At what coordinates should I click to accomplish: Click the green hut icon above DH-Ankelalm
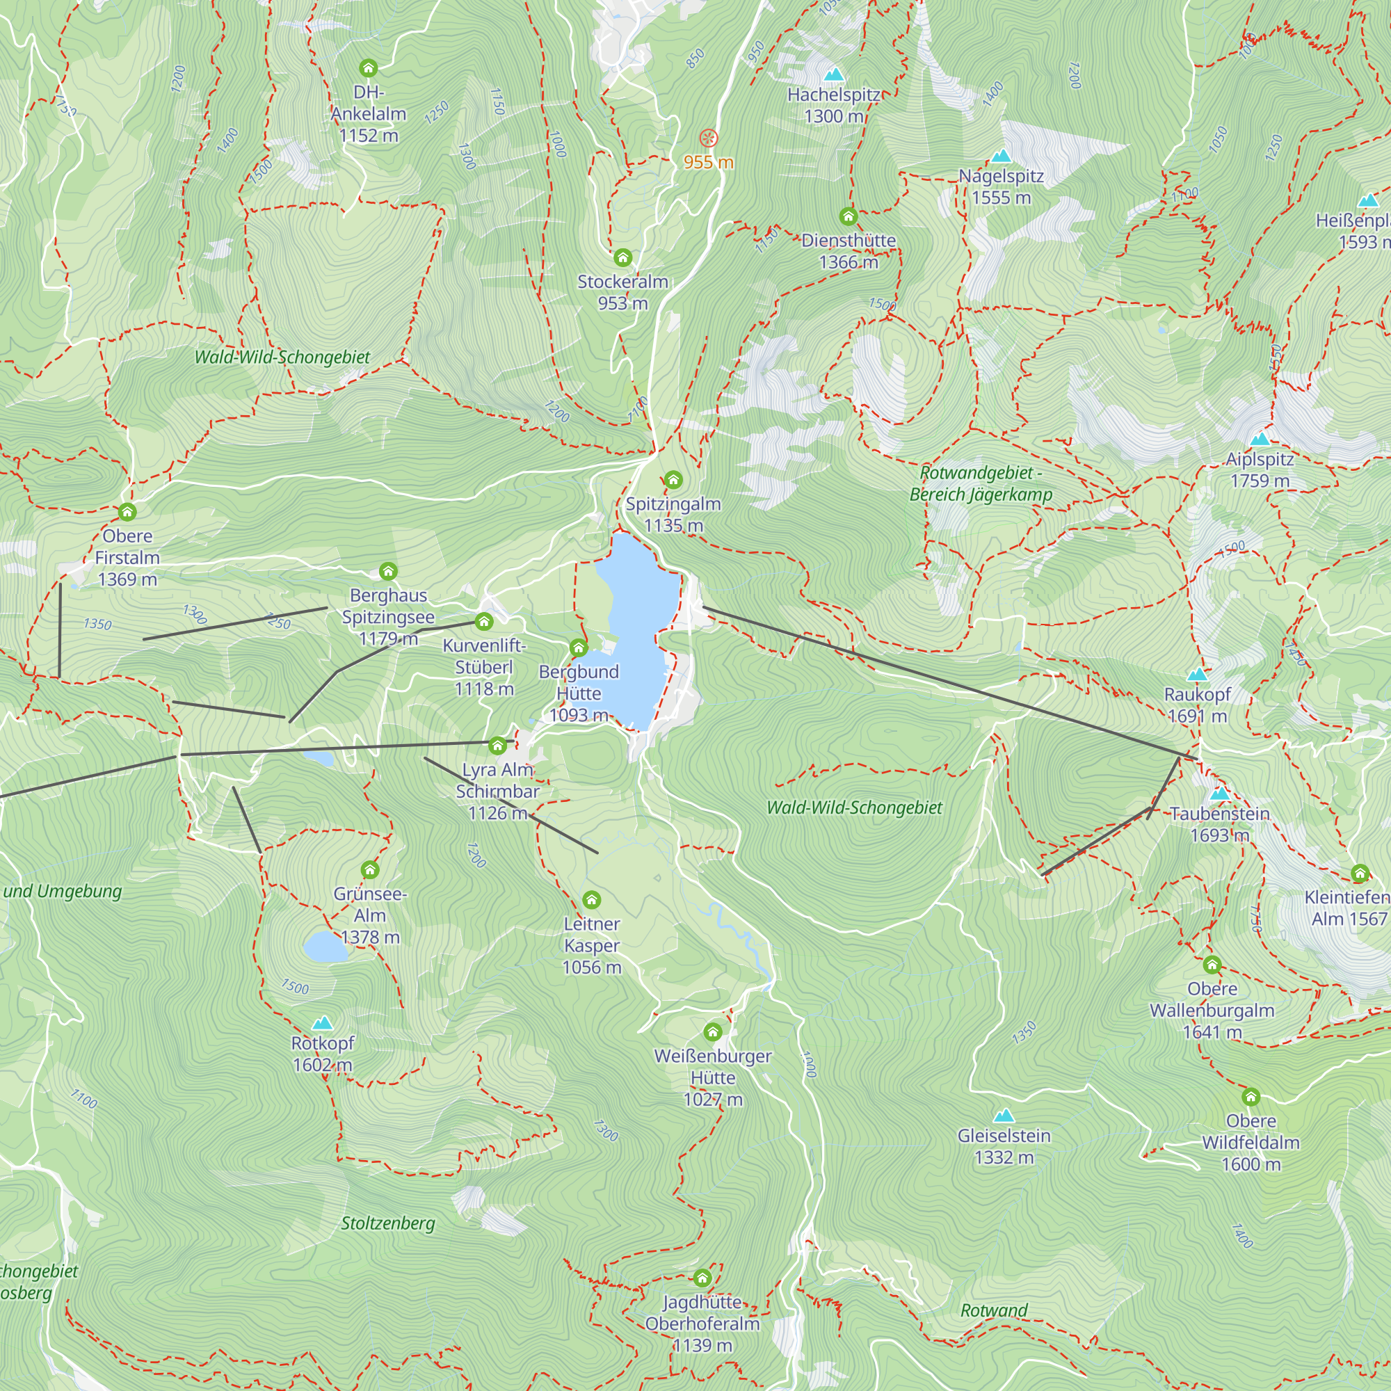click(368, 68)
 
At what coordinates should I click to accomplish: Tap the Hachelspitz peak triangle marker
click(834, 74)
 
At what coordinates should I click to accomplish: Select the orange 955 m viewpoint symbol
click(709, 138)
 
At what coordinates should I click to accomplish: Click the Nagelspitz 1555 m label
click(1001, 186)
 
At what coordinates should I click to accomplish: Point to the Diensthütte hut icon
click(848, 216)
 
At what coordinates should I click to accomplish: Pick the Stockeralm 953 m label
click(622, 291)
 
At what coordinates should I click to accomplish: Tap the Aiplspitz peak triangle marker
click(1260, 439)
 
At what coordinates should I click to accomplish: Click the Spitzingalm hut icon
click(673, 479)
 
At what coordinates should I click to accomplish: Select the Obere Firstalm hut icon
click(127, 512)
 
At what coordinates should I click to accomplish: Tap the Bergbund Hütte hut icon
click(579, 648)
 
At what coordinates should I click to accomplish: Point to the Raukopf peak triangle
click(1196, 675)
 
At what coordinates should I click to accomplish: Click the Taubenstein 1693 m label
click(1220, 823)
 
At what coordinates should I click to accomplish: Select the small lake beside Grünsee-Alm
click(325, 947)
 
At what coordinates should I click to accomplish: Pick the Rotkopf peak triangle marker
click(323, 1023)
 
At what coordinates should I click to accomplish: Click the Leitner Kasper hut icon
click(591, 900)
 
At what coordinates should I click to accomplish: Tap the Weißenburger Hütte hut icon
click(713, 1032)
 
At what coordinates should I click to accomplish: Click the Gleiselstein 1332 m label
click(1004, 1146)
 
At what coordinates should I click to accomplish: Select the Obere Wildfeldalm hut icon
click(1251, 1097)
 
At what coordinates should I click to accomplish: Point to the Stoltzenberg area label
click(388, 1223)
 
